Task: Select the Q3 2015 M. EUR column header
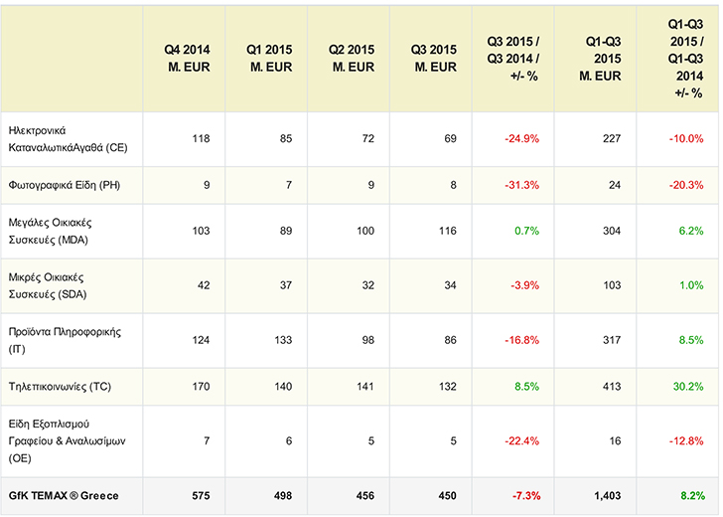point(433,59)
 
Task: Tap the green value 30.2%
point(686,386)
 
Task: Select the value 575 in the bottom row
point(199,495)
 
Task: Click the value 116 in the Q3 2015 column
point(446,232)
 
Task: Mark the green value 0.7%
point(525,232)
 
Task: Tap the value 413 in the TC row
point(609,386)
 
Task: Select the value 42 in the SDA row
point(202,285)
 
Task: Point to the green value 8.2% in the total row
point(690,495)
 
